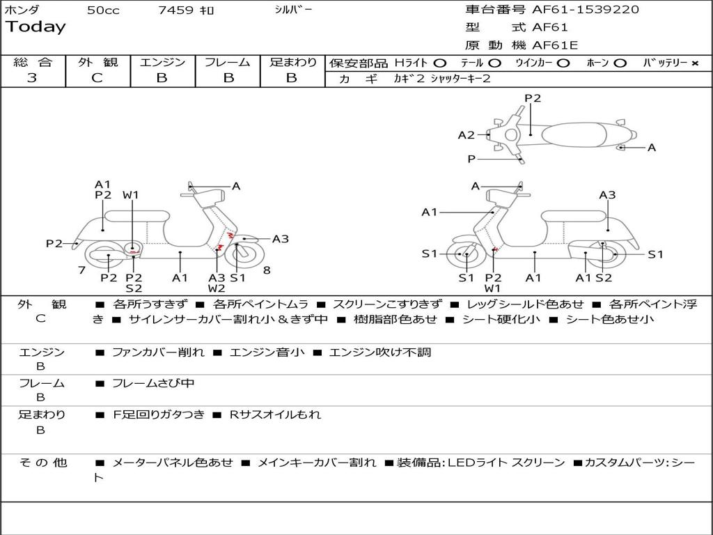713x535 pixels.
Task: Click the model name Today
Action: pyautogui.click(x=36, y=27)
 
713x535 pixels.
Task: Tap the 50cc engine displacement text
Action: pyautogui.click(x=103, y=10)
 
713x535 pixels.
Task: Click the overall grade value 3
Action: pyautogui.click(x=32, y=78)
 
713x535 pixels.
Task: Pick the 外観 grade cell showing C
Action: pyautogui.click(x=97, y=78)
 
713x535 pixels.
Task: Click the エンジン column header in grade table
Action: pyautogui.click(x=162, y=62)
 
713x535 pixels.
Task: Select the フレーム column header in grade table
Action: pyautogui.click(x=228, y=62)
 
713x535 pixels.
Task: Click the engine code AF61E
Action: pyautogui.click(x=555, y=46)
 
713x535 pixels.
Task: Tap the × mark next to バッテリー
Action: pyautogui.click(x=695, y=63)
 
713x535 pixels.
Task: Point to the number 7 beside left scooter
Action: pyautogui.click(x=81, y=270)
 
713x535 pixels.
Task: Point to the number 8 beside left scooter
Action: pyautogui.click(x=266, y=270)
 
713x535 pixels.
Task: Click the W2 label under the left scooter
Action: pyautogui.click(x=217, y=288)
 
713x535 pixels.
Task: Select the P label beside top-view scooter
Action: pyautogui.click(x=471, y=160)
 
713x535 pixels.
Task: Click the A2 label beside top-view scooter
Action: pyautogui.click(x=466, y=135)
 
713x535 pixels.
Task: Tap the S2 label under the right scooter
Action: pyautogui.click(x=604, y=278)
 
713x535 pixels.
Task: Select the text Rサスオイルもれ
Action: pyautogui.click(x=275, y=414)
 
